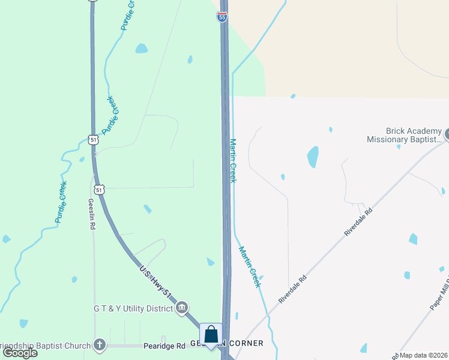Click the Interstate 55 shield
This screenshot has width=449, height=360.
point(222,17)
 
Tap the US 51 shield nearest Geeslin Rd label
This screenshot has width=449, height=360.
point(100,189)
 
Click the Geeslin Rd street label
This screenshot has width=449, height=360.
point(92,215)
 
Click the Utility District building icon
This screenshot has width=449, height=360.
point(182,308)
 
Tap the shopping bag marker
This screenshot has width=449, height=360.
point(211,335)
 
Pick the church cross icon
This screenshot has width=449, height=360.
point(100,346)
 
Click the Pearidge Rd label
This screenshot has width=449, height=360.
point(164,346)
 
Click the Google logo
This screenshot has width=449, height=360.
point(20,352)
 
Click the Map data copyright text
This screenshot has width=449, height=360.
point(424,355)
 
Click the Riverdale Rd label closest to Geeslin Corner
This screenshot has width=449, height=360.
point(293,289)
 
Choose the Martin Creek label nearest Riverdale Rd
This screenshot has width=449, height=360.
point(250,266)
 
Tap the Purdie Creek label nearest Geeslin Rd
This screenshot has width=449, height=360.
point(61,202)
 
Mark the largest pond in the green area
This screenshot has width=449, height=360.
point(141,48)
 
